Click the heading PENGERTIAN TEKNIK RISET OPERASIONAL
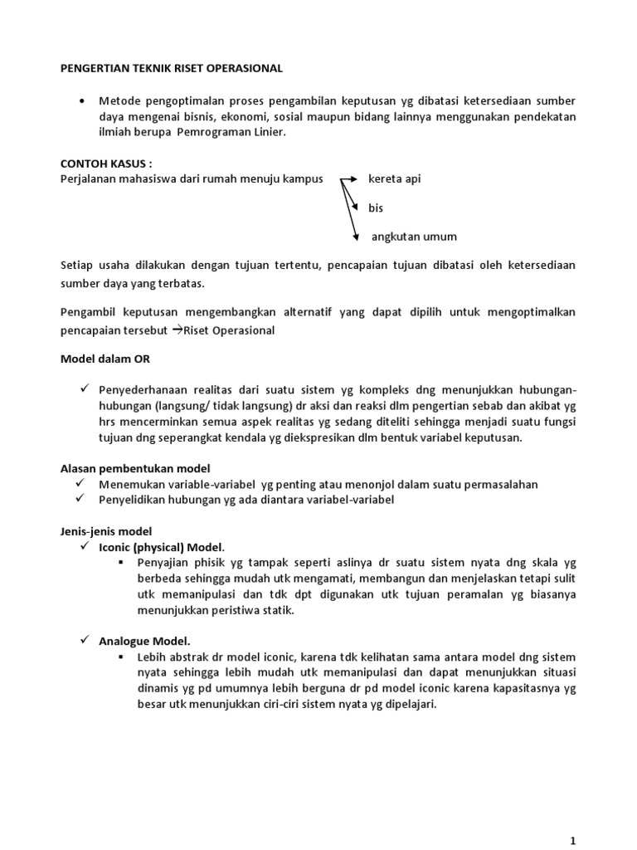[173, 67]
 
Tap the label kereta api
[395, 179]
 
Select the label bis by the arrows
[377, 208]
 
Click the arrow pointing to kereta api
[347, 178]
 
